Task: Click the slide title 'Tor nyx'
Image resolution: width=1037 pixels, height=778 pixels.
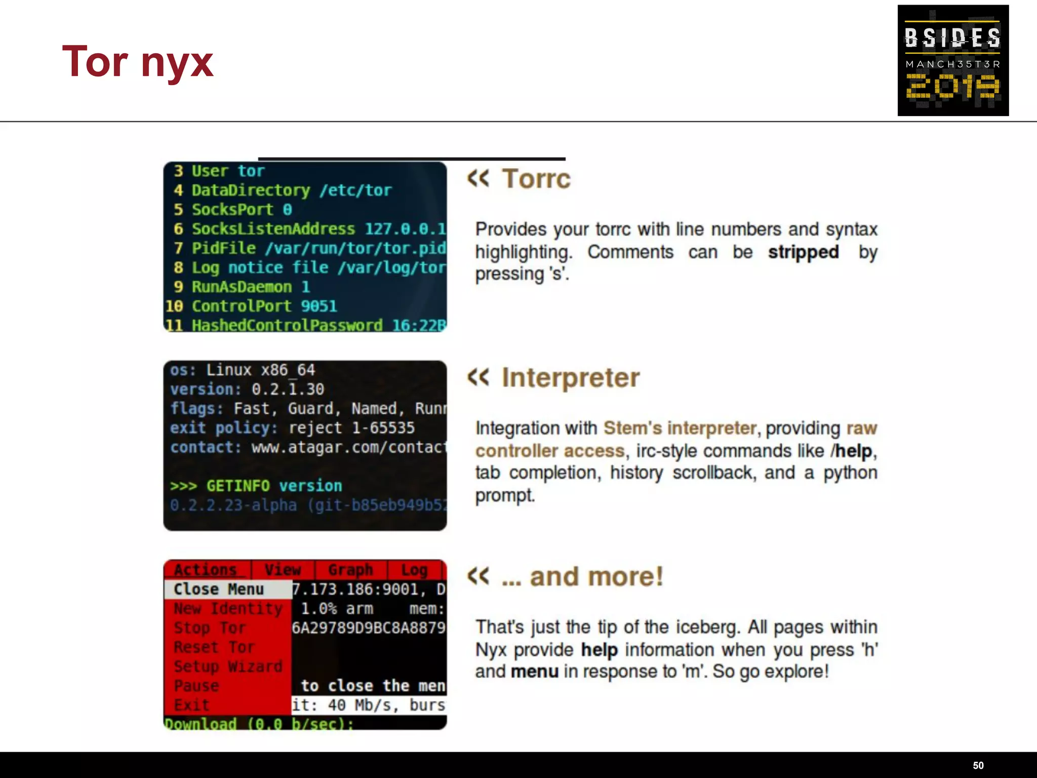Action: (137, 62)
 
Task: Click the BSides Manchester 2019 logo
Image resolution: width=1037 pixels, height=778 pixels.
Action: (952, 60)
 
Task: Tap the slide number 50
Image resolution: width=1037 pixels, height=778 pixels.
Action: (978, 765)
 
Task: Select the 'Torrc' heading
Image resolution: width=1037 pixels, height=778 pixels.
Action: (536, 179)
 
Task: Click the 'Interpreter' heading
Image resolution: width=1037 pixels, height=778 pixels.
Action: (570, 378)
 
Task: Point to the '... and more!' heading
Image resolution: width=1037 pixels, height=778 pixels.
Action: (582, 577)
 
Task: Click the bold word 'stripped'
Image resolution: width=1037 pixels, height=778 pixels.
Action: (803, 252)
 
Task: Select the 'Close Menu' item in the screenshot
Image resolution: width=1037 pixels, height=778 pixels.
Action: (219, 589)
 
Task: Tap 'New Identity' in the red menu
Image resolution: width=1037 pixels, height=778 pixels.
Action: (228, 608)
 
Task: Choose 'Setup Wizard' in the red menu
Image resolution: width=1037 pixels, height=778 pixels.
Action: (228, 666)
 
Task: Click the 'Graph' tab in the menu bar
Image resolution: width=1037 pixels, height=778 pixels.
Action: (350, 570)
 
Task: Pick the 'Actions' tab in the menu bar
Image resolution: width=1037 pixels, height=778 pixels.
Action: (206, 570)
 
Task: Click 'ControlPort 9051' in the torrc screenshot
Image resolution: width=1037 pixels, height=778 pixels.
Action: (264, 306)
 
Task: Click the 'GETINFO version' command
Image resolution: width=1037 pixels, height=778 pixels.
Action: (274, 486)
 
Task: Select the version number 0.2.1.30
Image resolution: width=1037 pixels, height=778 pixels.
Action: (288, 389)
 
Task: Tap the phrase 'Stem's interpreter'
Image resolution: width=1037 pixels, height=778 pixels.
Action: (680, 429)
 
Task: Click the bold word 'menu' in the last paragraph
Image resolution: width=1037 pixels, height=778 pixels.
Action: (534, 672)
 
